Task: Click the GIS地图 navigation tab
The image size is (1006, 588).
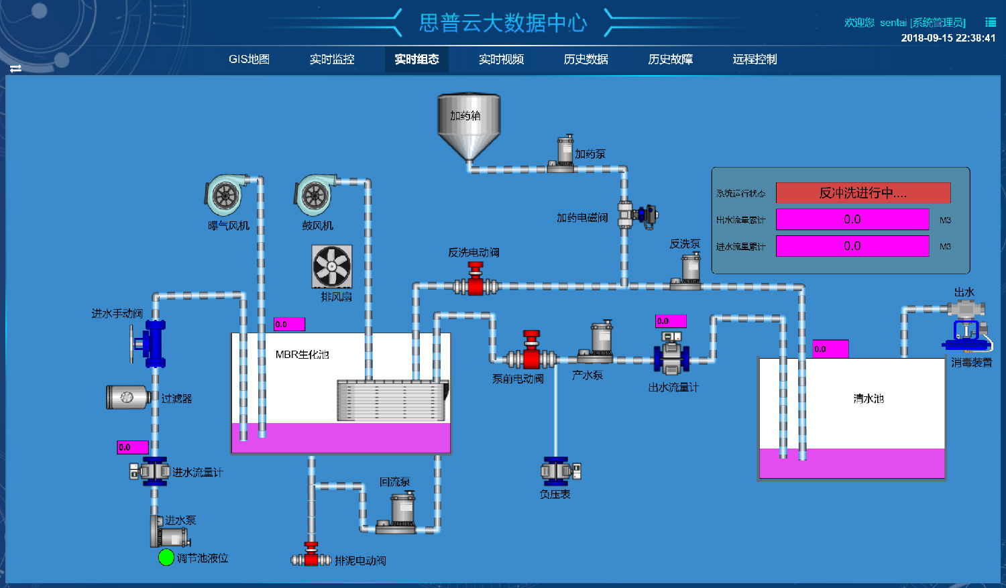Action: click(x=249, y=59)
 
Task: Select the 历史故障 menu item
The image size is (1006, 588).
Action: click(x=670, y=59)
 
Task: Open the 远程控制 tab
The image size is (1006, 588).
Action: click(x=754, y=59)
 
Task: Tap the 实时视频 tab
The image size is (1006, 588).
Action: click(x=501, y=59)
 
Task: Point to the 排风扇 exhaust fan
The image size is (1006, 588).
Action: click(x=332, y=266)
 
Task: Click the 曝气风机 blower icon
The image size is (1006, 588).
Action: click(x=226, y=196)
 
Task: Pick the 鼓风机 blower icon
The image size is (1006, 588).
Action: click(x=315, y=196)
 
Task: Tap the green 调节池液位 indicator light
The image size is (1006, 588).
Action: click(x=166, y=557)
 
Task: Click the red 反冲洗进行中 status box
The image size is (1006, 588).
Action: click(x=863, y=193)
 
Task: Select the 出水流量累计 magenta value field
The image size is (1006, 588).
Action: click(x=852, y=219)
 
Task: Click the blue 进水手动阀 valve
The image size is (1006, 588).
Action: click(x=153, y=343)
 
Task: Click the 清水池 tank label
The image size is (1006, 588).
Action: click(x=869, y=398)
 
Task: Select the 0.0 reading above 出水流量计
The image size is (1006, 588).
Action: click(x=671, y=321)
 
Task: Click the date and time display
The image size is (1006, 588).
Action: click(x=948, y=38)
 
